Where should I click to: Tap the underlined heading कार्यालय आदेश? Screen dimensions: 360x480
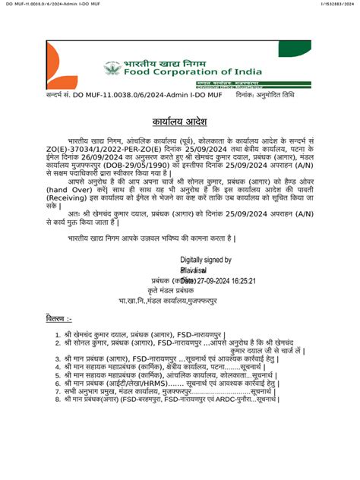point(179,122)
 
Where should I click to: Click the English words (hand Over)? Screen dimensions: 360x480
point(70,194)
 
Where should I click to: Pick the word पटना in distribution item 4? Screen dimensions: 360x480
point(232,366)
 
